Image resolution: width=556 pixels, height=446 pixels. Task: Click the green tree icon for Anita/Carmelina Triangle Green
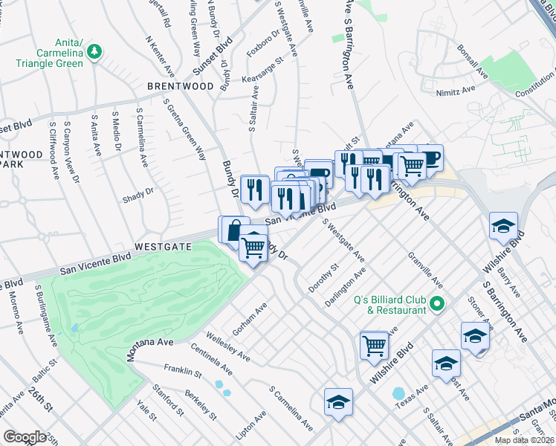point(94,51)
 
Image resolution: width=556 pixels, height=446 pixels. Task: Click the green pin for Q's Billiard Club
point(438,304)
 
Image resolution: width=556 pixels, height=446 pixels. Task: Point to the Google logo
point(25,437)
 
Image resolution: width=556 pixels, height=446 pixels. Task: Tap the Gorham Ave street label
point(250,317)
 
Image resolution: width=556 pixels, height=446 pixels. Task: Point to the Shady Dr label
point(138,195)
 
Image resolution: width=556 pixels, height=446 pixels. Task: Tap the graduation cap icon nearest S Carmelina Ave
point(338,402)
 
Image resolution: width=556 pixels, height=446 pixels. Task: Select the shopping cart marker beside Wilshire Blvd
point(374,345)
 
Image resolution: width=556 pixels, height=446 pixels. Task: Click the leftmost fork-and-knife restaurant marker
point(254,189)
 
